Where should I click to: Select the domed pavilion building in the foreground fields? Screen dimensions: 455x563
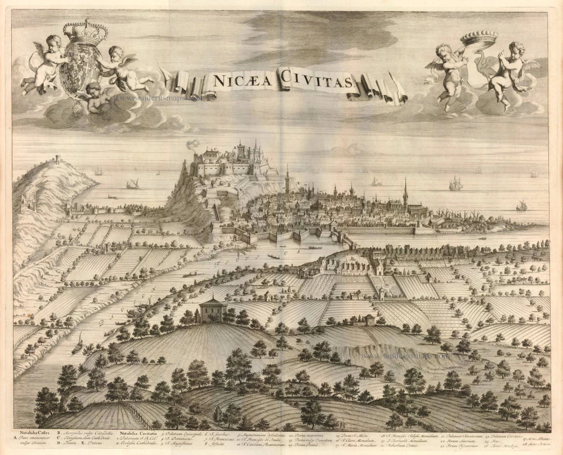click(x=213, y=309)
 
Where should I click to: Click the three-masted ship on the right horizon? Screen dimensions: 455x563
click(x=455, y=183)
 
